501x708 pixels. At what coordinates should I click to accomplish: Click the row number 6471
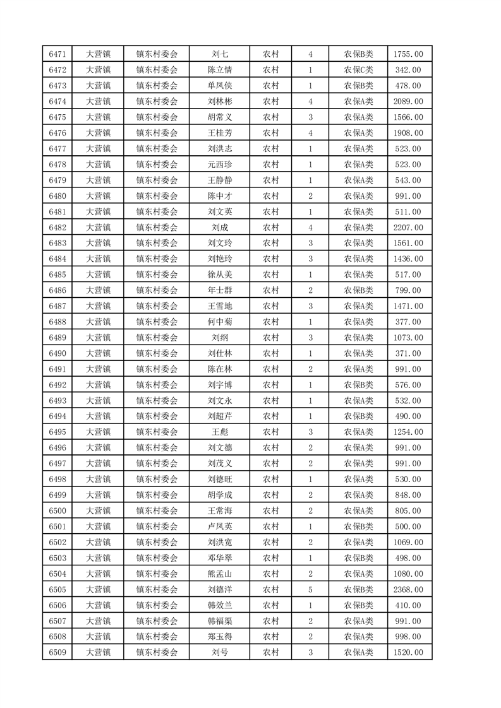point(57,54)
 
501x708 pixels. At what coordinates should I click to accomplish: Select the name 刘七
point(220,54)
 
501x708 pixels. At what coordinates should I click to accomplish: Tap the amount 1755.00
point(408,54)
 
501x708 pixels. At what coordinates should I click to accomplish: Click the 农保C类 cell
point(358,70)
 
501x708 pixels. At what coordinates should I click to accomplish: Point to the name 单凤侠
point(220,86)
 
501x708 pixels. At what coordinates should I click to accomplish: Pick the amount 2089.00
point(408,102)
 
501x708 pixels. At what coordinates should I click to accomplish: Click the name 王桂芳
point(220,133)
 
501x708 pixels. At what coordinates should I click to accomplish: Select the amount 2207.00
point(408,227)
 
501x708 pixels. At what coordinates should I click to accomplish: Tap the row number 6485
point(57,274)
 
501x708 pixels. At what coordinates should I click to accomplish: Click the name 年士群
point(220,290)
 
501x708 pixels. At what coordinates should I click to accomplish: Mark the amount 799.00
point(408,290)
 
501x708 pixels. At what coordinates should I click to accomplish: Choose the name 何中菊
point(220,322)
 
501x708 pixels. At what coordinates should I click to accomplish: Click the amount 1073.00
point(408,338)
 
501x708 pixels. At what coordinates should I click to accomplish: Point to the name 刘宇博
point(220,385)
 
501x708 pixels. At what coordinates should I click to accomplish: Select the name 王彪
point(220,432)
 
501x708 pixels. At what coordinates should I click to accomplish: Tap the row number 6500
point(57,510)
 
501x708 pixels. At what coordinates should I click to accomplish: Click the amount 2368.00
point(408,589)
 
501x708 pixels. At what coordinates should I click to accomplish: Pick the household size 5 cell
point(310,589)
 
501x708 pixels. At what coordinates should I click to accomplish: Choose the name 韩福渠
point(220,621)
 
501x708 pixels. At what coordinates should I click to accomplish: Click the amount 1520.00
point(408,652)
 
